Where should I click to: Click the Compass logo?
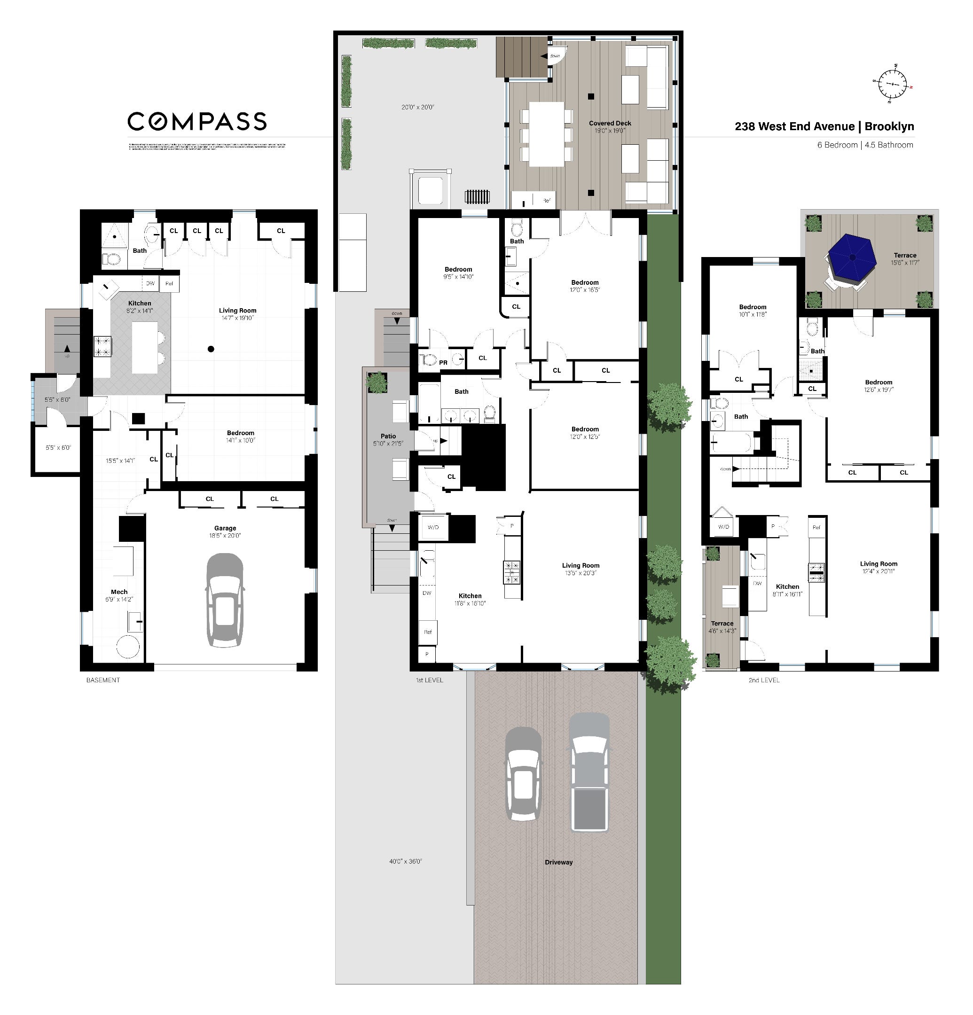click(x=197, y=121)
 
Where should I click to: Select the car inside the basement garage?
click(x=225, y=600)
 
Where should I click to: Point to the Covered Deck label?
click(x=610, y=123)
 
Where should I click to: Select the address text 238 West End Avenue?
click(x=794, y=126)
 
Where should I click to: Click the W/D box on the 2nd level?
click(x=723, y=527)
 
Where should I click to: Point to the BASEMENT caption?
click(x=102, y=680)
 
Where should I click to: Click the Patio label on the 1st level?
click(x=388, y=436)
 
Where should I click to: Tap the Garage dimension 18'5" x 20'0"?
click(x=225, y=536)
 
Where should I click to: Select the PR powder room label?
click(x=443, y=362)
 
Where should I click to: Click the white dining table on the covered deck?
click(x=546, y=133)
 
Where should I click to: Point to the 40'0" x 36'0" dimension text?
click(x=406, y=861)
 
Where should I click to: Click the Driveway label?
click(x=558, y=862)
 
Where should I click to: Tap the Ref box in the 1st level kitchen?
click(x=427, y=632)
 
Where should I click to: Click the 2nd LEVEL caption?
click(x=764, y=680)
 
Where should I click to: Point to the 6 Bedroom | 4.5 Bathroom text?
click(x=865, y=145)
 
